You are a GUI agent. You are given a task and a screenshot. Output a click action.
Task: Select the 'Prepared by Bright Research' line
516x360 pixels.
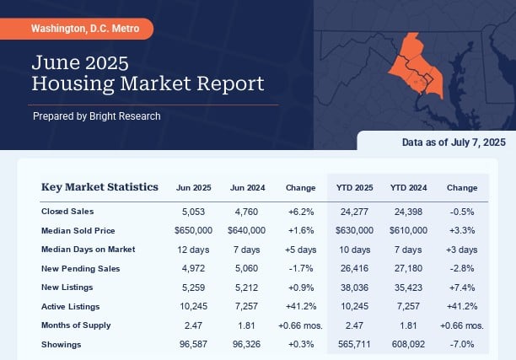click(x=96, y=116)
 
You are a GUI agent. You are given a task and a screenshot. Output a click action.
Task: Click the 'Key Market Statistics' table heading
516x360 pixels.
click(x=99, y=187)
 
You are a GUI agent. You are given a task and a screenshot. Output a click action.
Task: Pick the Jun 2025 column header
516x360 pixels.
click(x=194, y=187)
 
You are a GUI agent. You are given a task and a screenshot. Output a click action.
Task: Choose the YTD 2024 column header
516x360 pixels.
click(x=408, y=187)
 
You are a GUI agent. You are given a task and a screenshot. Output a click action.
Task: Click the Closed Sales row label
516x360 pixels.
click(x=68, y=212)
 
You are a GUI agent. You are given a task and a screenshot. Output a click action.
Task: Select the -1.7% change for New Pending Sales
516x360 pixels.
click(x=301, y=269)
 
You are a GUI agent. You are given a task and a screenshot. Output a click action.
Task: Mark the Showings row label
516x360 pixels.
click(x=62, y=344)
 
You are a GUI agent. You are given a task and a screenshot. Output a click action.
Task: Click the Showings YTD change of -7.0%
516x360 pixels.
click(x=461, y=344)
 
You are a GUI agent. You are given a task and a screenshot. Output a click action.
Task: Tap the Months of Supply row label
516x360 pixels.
click(x=76, y=325)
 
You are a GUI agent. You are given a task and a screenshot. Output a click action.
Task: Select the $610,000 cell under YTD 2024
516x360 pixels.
click(x=408, y=230)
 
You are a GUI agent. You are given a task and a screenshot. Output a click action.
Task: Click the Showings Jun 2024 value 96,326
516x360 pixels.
click(x=248, y=344)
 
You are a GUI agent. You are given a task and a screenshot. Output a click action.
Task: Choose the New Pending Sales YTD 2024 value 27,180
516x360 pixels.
click(x=408, y=269)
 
